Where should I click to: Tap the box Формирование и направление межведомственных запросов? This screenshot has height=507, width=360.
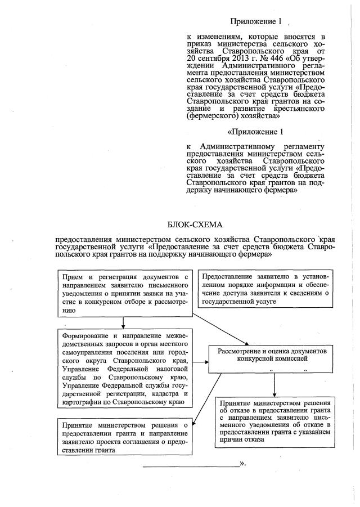pos(124,369)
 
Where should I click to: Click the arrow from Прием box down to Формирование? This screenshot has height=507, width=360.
pos(123,322)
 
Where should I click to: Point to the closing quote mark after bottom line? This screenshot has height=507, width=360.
pos(242,464)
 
